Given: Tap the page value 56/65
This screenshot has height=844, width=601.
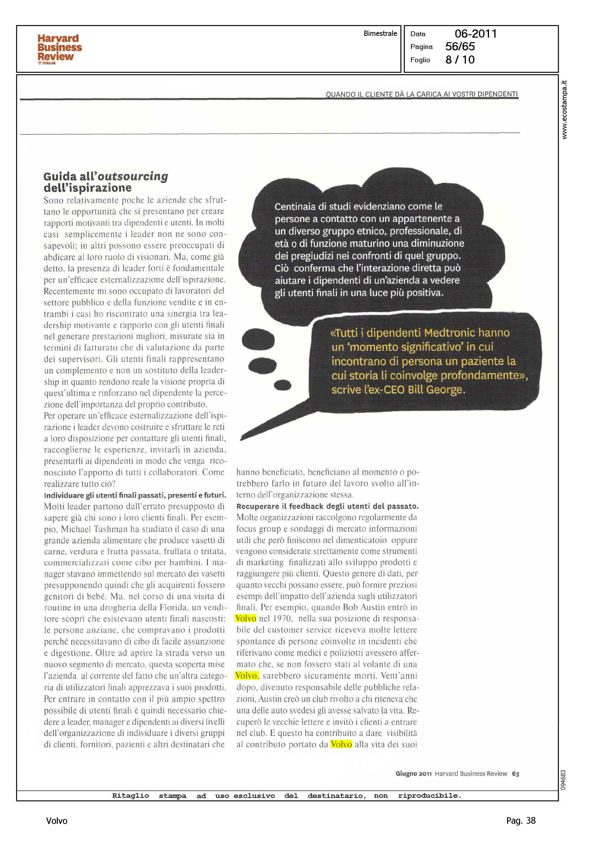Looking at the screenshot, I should coord(460,47).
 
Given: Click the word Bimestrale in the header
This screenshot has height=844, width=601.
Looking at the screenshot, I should coord(380,33).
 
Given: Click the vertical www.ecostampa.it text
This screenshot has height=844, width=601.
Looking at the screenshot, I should coord(564,110).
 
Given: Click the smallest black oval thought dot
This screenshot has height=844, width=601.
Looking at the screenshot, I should coord(282,385).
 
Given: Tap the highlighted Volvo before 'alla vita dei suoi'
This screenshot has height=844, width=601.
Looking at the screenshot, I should coord(341,744).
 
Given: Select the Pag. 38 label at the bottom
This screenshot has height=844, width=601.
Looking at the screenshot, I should coord(520,821).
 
